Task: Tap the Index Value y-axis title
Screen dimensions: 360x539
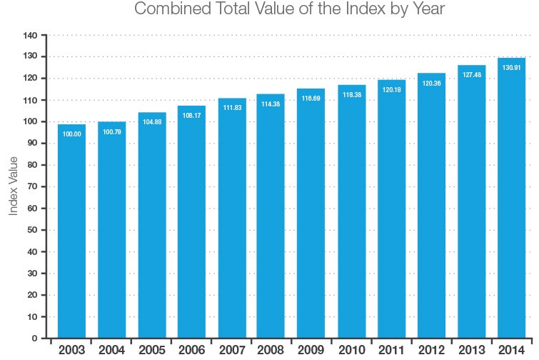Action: [14, 186]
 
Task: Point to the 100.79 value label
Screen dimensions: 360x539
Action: [111, 132]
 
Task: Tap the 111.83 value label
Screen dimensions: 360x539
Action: [231, 108]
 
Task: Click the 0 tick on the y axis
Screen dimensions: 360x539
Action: [34, 338]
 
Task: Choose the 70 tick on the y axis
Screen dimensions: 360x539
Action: [31, 186]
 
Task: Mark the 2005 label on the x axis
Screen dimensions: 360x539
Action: [151, 350]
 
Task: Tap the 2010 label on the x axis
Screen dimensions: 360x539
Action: [351, 350]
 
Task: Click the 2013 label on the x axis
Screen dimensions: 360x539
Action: [471, 350]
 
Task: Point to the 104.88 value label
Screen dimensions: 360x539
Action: [151, 122]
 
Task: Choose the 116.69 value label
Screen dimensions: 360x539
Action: [311, 98]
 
